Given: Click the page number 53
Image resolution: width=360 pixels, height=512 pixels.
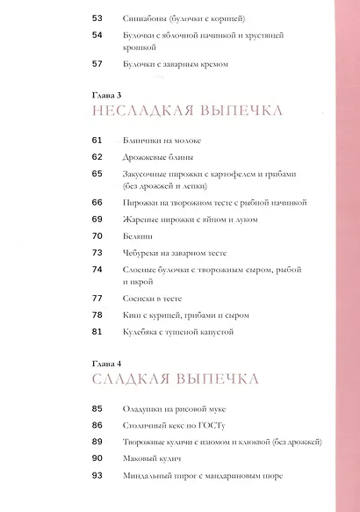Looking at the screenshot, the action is [97, 18].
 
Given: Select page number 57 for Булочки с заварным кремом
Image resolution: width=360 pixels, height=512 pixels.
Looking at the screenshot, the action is [97, 64].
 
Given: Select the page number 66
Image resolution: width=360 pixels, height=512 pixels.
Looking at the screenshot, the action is [97, 202].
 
